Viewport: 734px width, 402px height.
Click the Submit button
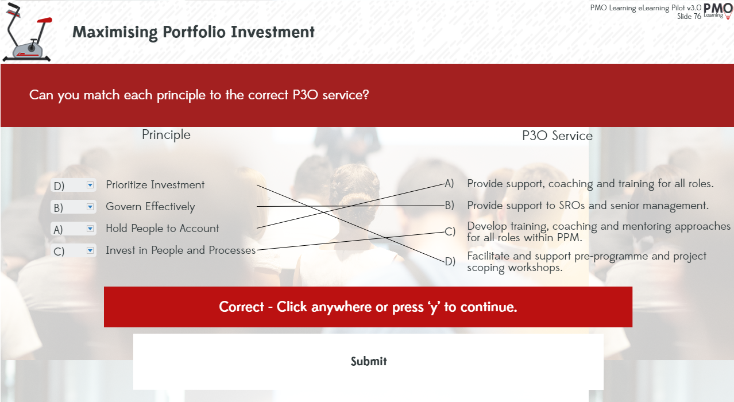click(x=368, y=362)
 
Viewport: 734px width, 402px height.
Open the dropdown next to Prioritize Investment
click(x=74, y=185)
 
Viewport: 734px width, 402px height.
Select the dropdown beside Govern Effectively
click(x=74, y=207)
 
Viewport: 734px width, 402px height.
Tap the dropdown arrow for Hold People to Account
click(x=90, y=229)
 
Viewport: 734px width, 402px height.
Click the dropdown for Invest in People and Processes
click(x=74, y=250)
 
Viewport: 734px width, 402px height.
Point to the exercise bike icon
click(x=27, y=32)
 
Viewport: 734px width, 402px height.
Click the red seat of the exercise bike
click(x=45, y=20)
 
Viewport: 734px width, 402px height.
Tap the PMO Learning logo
click(x=717, y=11)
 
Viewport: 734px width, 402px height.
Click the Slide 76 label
click(x=689, y=17)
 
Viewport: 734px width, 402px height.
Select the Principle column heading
click(x=166, y=135)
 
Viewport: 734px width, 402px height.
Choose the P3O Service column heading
click(x=557, y=136)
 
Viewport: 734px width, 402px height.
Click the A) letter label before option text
click(x=449, y=183)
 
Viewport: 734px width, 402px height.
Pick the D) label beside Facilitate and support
click(x=450, y=261)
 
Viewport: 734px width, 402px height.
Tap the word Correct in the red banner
click(x=241, y=307)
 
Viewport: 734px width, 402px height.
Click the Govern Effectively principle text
click(x=150, y=207)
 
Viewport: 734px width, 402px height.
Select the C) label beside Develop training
click(x=450, y=231)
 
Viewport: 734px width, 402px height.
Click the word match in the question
click(x=102, y=95)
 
